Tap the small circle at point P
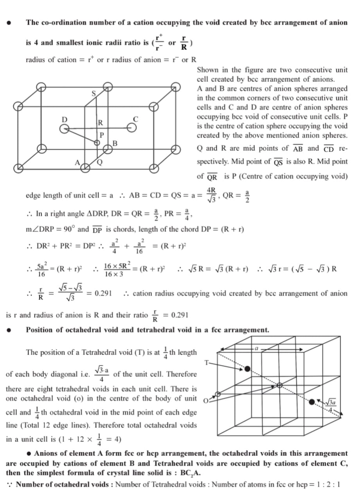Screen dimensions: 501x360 pyautogui.click(x=97, y=143)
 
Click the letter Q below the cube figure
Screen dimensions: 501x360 pyautogui.click(x=100, y=164)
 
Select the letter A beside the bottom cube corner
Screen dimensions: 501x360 pyautogui.click(x=77, y=163)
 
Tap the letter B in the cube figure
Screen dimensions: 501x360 pyautogui.click(x=115, y=143)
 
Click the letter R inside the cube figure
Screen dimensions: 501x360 pyautogui.click(x=101, y=122)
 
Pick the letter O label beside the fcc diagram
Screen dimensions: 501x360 pyautogui.click(x=206, y=400)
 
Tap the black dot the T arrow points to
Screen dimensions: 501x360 pyautogui.click(x=247, y=368)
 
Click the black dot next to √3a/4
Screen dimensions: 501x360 pyautogui.click(x=311, y=402)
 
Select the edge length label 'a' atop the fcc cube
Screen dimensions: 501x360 pyautogui.click(x=256, y=347)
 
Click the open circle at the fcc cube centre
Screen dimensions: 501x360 pyautogui.click(x=279, y=385)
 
